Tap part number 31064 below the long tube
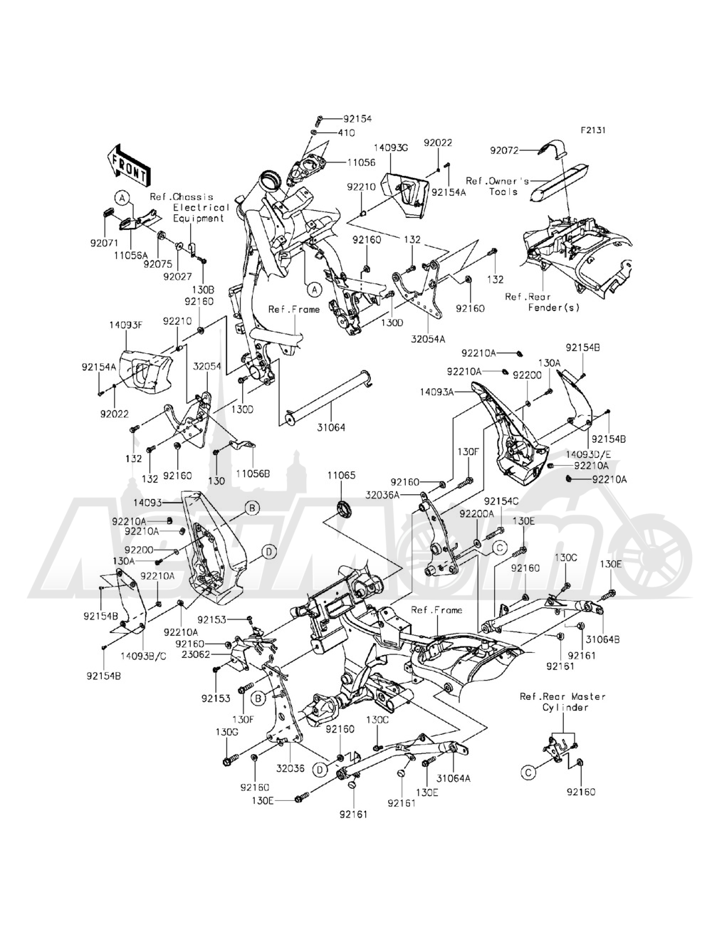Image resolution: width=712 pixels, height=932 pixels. click(332, 428)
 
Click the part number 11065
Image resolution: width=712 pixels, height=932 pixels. click(340, 474)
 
